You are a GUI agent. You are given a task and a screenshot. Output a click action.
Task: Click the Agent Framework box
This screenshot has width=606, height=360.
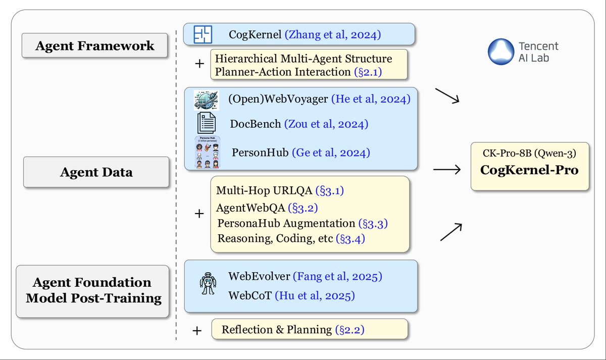pyautogui.click(x=94, y=46)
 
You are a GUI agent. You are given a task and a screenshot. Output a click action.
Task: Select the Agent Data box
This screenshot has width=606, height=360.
pyautogui.click(x=96, y=172)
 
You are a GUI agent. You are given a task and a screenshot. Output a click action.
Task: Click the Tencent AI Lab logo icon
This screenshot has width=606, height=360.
pyautogui.click(x=500, y=52)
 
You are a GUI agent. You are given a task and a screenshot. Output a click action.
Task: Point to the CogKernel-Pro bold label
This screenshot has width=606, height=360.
pyautogui.click(x=530, y=170)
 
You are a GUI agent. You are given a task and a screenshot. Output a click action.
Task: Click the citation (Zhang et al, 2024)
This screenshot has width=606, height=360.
pyautogui.click(x=333, y=34)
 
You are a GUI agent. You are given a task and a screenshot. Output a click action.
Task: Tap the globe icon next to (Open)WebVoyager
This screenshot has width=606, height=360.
pyautogui.click(x=206, y=99)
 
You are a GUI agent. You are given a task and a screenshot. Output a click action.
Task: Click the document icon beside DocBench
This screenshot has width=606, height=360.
pyautogui.click(x=206, y=123)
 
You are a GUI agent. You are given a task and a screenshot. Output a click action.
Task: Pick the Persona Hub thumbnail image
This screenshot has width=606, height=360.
pyautogui.click(x=206, y=152)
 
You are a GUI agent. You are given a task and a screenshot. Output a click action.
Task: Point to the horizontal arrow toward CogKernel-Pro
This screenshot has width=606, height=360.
pyautogui.click(x=447, y=170)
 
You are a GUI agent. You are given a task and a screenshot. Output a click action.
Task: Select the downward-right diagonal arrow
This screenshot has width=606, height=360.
pyautogui.click(x=448, y=96)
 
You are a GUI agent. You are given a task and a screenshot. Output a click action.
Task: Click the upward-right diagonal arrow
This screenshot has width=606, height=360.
pyautogui.click(x=450, y=232)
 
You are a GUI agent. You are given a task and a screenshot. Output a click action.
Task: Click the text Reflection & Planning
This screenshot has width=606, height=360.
pyautogui.click(x=277, y=330)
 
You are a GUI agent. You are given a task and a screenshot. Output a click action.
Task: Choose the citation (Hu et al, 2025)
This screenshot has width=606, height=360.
pyautogui.click(x=314, y=295)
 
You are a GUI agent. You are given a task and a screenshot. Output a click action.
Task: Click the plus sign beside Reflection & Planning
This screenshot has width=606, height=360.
pyautogui.click(x=197, y=331)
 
